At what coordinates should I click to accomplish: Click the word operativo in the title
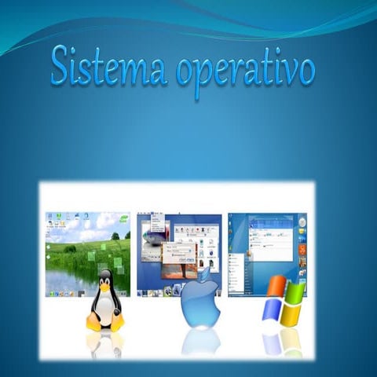click(244, 71)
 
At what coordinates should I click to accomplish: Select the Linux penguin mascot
click(105, 301)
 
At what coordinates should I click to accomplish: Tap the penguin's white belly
click(105, 309)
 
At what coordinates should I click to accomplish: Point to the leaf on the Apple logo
click(207, 274)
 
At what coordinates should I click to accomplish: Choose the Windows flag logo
click(283, 301)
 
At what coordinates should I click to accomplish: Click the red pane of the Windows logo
click(274, 287)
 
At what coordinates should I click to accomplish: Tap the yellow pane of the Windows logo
click(291, 314)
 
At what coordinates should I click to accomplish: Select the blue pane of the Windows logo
click(271, 310)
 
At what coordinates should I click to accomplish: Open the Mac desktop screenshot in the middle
click(179, 243)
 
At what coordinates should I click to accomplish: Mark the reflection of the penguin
click(105, 343)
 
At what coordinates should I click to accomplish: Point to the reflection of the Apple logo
click(201, 342)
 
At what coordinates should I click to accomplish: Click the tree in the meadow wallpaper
click(115, 235)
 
